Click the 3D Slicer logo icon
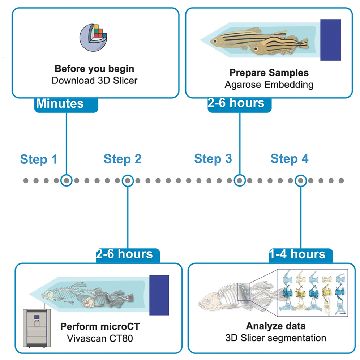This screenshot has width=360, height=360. pyautogui.click(x=93, y=38)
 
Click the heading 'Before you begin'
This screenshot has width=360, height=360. pyautogui.click(x=94, y=69)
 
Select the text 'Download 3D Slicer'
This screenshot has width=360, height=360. pyautogui.click(x=94, y=80)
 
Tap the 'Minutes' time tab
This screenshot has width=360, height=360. pyautogui.click(x=60, y=104)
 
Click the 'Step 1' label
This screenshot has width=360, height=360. pyautogui.click(x=39, y=159)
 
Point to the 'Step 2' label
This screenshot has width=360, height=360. pyautogui.click(x=123, y=159)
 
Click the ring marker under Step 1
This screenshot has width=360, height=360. pyautogui.click(x=67, y=180)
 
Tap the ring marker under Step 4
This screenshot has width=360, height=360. pyautogui.click(x=301, y=180)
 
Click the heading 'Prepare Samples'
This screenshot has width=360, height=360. pyautogui.click(x=269, y=73)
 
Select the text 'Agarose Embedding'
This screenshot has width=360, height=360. pyautogui.click(x=269, y=85)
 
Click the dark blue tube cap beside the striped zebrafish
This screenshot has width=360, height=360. pyautogui.click(x=330, y=40)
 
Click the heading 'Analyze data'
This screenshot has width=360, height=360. pyautogui.click(x=275, y=326)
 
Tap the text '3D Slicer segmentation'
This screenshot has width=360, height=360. pyautogui.click(x=275, y=338)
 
